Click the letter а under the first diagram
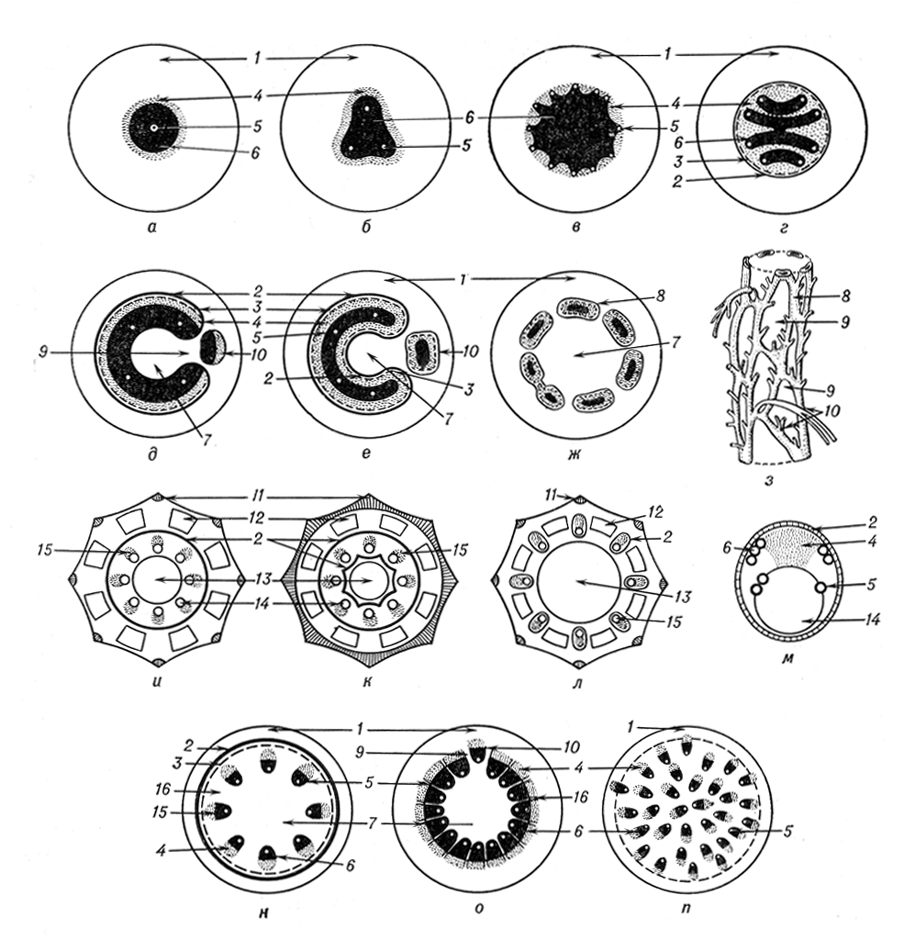click(153, 227)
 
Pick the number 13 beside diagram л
click(684, 597)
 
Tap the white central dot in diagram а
click(154, 128)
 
